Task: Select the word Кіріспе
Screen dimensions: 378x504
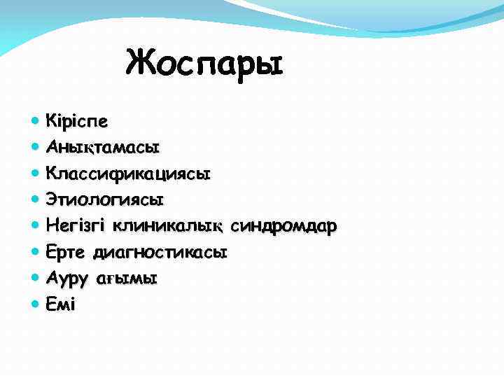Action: [x=77, y=121]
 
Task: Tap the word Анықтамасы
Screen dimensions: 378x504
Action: [x=103, y=147]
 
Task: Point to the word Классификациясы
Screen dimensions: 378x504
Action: [x=128, y=173]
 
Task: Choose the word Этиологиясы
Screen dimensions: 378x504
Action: [x=105, y=199]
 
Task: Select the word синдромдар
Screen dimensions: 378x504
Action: [x=284, y=225]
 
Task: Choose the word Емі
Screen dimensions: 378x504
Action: [x=60, y=304]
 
